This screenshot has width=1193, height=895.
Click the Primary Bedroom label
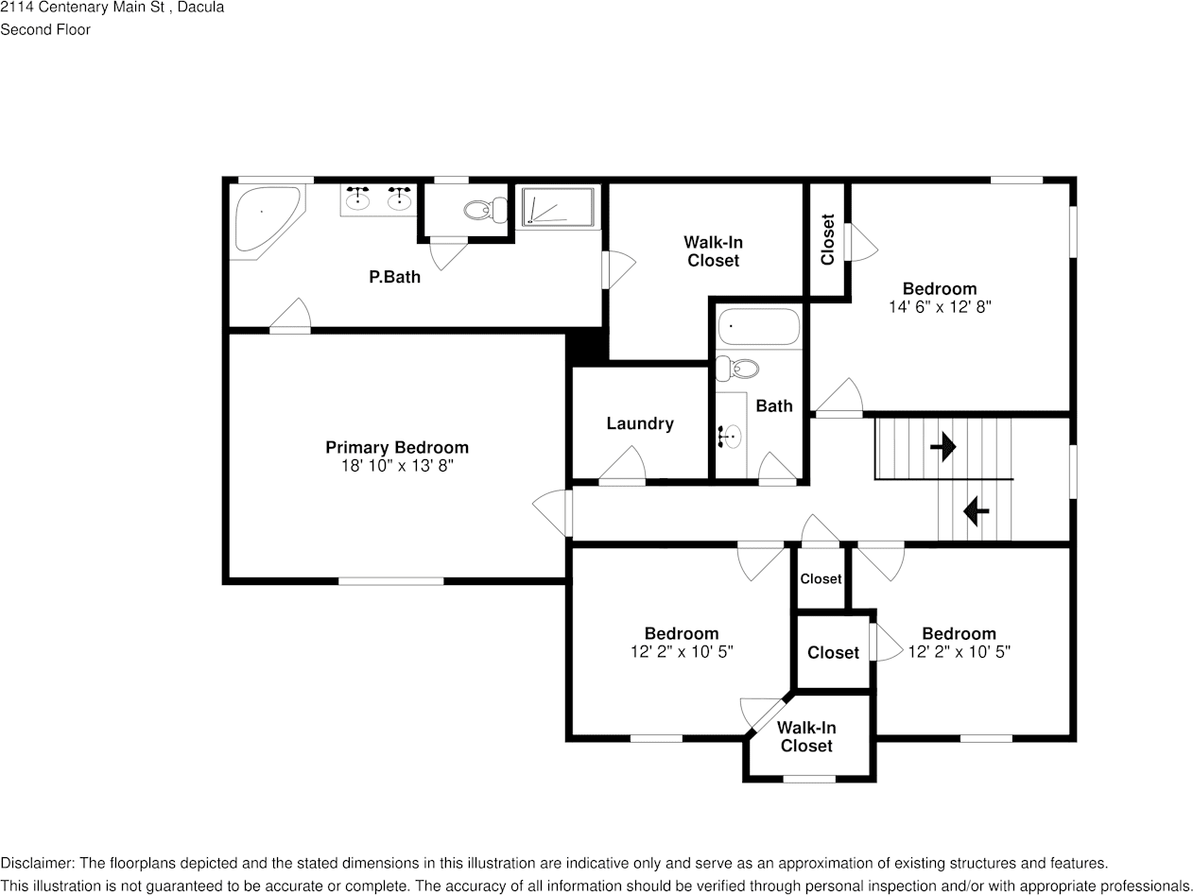tap(396, 447)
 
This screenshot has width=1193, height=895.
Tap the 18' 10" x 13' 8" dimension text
tap(397, 466)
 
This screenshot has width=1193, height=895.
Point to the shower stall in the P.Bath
tap(559, 207)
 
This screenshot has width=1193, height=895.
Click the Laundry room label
tap(640, 423)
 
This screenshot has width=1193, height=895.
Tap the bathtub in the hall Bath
tap(758, 327)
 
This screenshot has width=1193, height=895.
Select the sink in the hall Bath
tap(731, 437)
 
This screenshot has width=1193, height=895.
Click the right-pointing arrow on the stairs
tap(942, 447)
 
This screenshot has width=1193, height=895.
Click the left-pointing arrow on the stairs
tap(976, 512)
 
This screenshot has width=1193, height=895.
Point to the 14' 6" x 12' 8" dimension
tap(939, 307)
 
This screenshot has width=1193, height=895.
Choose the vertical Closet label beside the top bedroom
tap(828, 240)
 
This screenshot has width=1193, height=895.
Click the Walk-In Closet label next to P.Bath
tap(713, 251)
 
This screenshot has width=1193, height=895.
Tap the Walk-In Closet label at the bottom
tap(806, 737)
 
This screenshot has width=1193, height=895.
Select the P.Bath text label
tap(394, 277)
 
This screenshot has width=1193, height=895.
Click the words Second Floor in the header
tap(45, 29)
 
